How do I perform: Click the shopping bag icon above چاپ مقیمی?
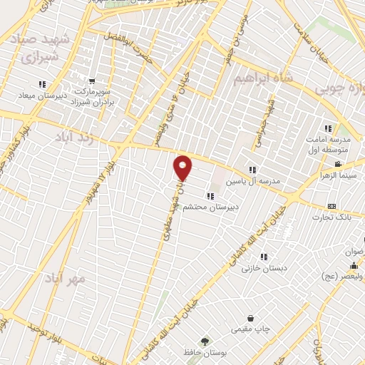250,319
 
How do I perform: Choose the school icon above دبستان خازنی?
264,257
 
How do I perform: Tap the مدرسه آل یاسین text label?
250,181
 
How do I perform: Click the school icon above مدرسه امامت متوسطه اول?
328,128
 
